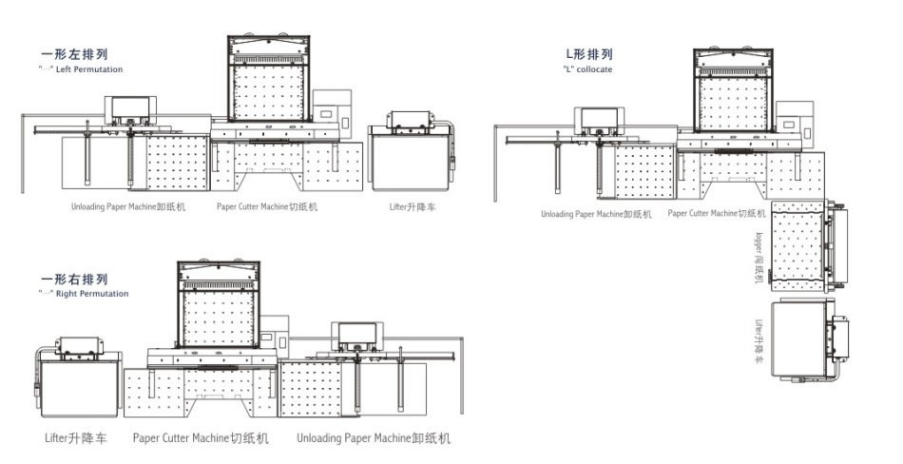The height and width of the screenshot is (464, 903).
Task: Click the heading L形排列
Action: tap(589, 54)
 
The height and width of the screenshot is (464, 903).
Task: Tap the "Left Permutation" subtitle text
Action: tap(85, 69)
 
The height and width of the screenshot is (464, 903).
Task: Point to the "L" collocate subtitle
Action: tap(590, 68)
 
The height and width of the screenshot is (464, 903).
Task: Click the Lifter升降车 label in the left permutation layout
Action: tap(411, 205)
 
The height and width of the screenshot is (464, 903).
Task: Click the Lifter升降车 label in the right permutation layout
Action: tap(76, 438)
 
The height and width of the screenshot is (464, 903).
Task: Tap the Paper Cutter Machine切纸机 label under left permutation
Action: tap(267, 205)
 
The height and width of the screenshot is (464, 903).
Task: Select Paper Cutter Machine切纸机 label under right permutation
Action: tap(201, 438)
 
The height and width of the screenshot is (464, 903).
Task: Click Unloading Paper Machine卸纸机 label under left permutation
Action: tap(127, 205)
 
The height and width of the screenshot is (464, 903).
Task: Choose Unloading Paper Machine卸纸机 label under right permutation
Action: tap(373, 438)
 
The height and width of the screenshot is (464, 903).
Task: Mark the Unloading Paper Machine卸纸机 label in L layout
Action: tap(596, 214)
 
